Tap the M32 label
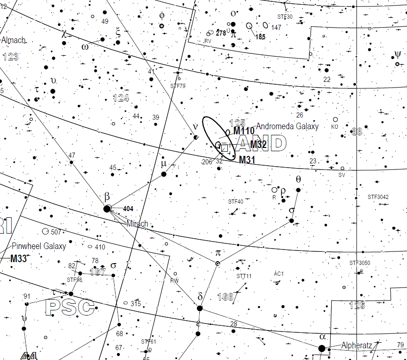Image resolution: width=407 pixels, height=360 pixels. click(x=258, y=145)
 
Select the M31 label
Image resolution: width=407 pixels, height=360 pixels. click(x=248, y=160)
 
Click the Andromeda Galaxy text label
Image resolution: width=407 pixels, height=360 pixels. click(x=287, y=126)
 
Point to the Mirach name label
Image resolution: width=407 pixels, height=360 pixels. click(x=137, y=224)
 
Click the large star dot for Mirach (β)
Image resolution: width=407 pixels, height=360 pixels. click(x=107, y=209)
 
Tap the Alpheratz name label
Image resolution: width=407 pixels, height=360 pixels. click(x=356, y=345)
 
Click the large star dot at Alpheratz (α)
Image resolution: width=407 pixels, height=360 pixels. click(x=321, y=348)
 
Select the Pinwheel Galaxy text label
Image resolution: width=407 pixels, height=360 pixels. click(x=39, y=246)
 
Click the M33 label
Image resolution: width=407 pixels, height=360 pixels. click(x=19, y=259)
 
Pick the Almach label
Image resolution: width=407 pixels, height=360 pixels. click(x=13, y=40)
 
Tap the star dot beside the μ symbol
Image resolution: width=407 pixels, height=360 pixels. click(x=164, y=174)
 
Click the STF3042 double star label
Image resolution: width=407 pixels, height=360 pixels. click(x=378, y=197)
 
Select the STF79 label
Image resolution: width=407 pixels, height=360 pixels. click(x=178, y=86)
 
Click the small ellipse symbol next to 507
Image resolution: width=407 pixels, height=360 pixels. click(x=45, y=231)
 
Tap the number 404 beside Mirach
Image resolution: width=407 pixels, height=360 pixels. click(x=129, y=209)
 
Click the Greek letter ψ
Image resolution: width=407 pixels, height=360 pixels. click(x=397, y=54)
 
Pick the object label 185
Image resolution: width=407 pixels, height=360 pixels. click(x=261, y=37)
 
